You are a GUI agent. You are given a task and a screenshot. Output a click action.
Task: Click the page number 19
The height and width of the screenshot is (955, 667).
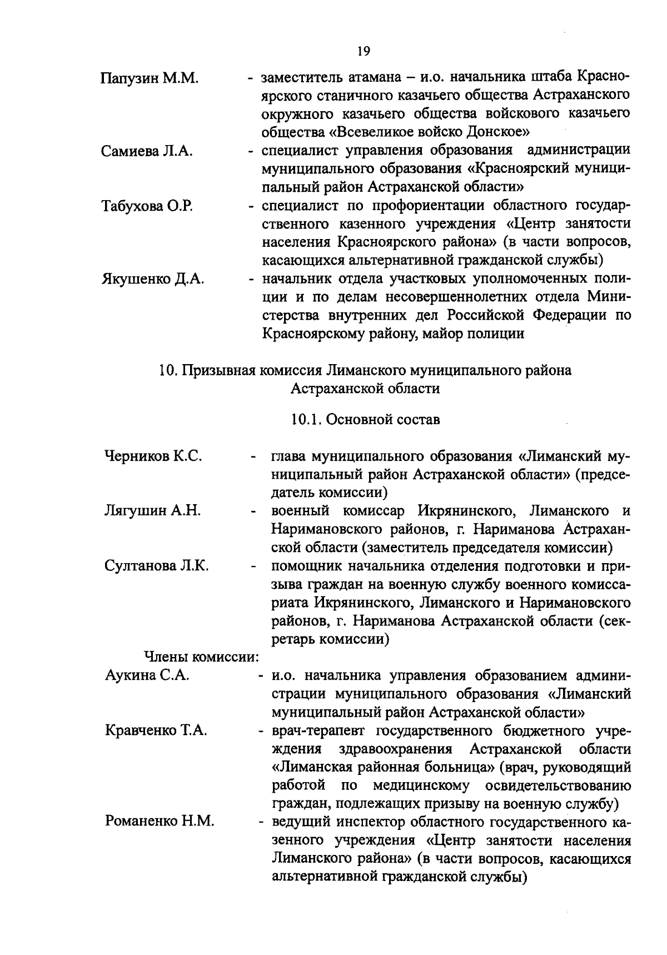[x=363, y=51]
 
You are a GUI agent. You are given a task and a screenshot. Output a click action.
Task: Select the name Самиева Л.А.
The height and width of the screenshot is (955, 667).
[x=147, y=151]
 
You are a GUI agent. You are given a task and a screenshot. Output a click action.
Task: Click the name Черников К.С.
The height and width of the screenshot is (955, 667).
[x=153, y=457]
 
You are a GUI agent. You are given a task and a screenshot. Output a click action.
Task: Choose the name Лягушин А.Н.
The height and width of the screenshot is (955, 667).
[x=152, y=511]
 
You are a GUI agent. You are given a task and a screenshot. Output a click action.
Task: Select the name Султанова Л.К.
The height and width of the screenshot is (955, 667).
[x=157, y=566]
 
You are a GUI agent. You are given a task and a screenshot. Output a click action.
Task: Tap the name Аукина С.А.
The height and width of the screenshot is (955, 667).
[x=147, y=675]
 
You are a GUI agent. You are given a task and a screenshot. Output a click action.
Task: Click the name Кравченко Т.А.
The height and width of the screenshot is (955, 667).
[x=156, y=730]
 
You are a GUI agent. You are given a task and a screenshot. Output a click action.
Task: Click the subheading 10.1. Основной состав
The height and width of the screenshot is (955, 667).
[x=365, y=419]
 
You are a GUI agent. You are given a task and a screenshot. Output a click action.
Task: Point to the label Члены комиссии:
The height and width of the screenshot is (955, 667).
[x=202, y=657]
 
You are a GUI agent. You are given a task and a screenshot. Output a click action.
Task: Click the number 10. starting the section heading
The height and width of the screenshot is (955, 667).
[x=167, y=370]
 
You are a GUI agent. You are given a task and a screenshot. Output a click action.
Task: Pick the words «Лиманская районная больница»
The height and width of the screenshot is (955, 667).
[x=384, y=768]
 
